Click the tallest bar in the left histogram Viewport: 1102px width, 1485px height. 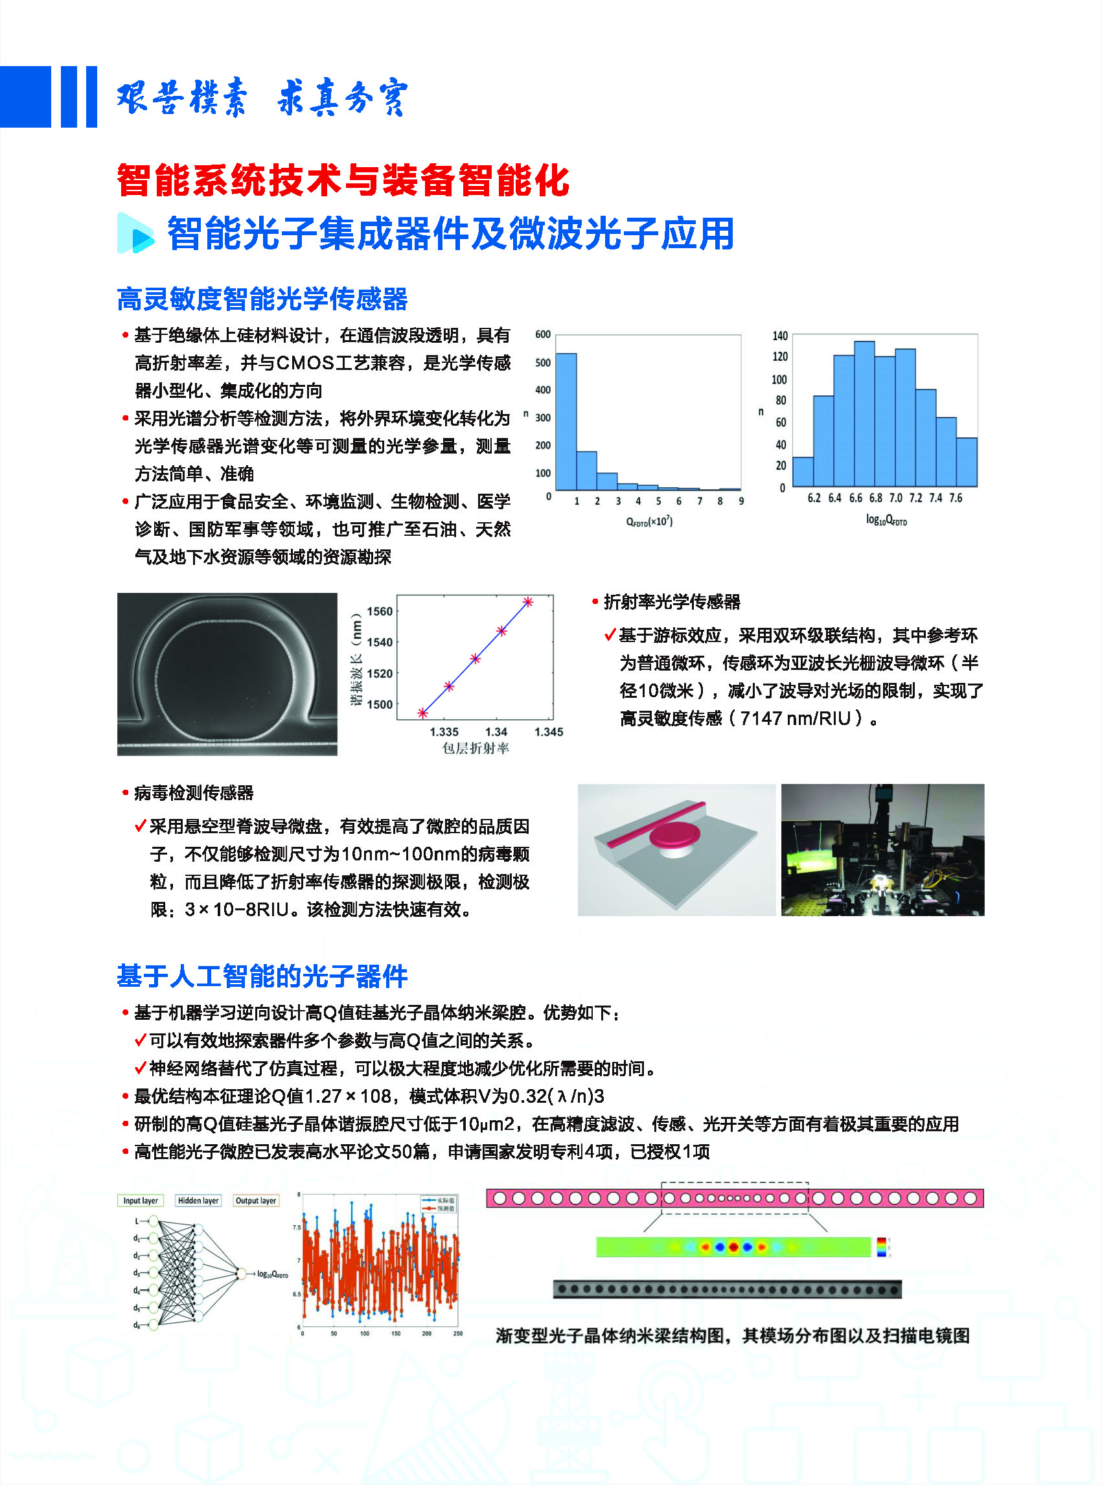click(x=566, y=422)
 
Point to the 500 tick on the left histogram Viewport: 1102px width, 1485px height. click(x=543, y=362)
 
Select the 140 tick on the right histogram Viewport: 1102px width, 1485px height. click(x=780, y=336)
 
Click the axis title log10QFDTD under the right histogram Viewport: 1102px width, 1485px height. click(x=886, y=520)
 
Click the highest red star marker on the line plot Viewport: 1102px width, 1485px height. click(x=527, y=602)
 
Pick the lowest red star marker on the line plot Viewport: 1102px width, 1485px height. click(x=422, y=713)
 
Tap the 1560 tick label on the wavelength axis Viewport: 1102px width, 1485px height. click(x=380, y=611)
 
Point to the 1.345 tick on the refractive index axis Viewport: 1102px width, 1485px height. click(x=548, y=732)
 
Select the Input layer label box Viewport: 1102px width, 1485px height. click(x=140, y=1200)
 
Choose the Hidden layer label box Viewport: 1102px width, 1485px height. click(x=198, y=1200)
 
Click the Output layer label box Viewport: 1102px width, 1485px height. click(x=255, y=1200)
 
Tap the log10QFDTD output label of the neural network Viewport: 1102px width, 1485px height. click(x=273, y=1274)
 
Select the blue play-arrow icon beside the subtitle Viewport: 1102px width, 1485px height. click(x=136, y=233)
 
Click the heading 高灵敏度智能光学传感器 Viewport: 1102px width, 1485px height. click(x=262, y=299)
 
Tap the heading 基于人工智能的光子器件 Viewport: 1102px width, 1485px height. click(x=262, y=976)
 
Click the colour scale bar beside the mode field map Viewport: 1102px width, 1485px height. click(x=881, y=1247)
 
